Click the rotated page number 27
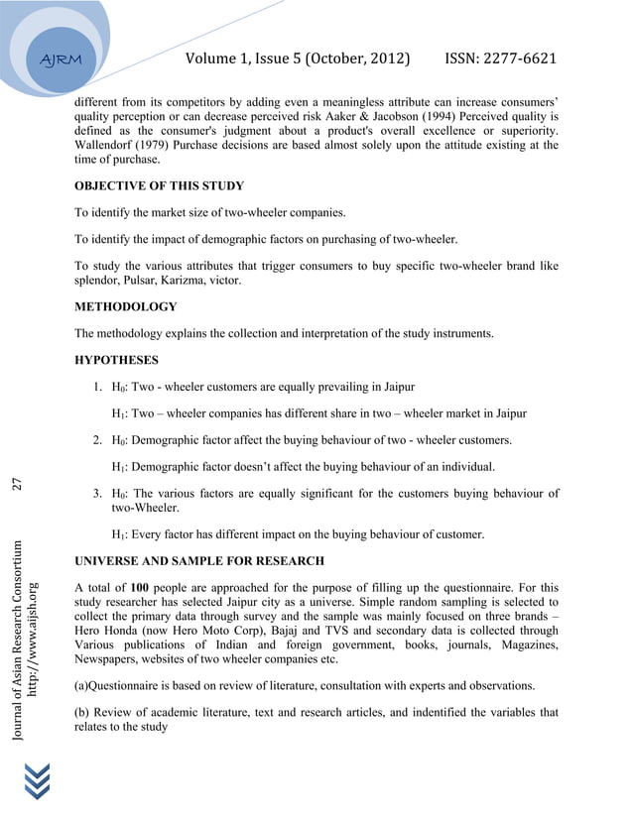point(17,484)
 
